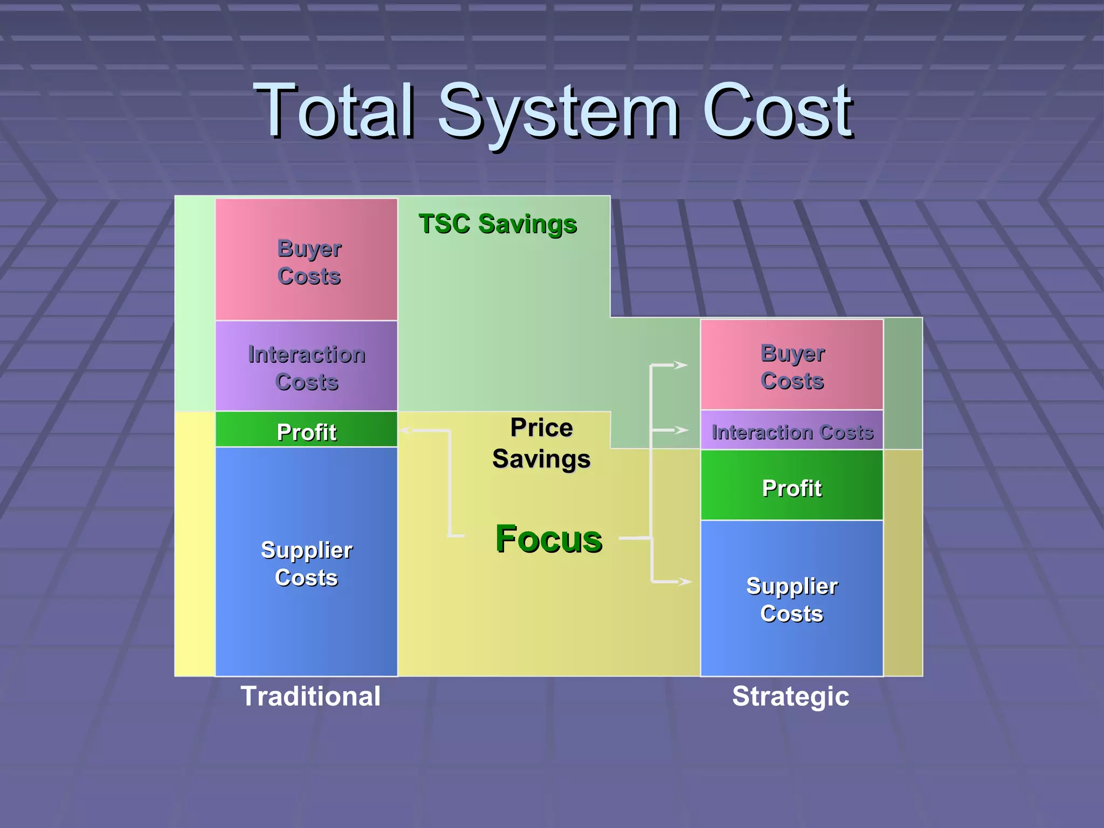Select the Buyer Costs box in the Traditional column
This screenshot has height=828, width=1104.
click(306, 260)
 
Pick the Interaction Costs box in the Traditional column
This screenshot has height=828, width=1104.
click(306, 367)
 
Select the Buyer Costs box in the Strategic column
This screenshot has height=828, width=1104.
click(791, 365)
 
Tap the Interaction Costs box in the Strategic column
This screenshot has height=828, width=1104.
click(791, 431)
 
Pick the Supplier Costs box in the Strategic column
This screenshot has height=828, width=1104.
click(791, 598)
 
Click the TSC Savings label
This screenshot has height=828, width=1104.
click(498, 224)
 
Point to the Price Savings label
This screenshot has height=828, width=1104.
click(541, 443)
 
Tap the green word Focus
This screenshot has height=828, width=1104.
click(549, 539)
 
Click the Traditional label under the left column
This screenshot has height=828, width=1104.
click(310, 696)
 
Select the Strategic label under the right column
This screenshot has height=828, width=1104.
click(790, 696)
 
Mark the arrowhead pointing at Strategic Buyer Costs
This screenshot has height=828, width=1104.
click(681, 365)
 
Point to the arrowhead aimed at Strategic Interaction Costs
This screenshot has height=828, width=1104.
click(681, 430)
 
